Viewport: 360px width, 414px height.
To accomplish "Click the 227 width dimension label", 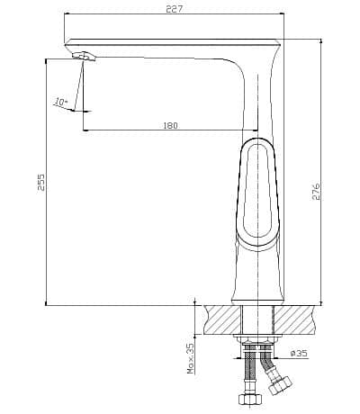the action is [x=174, y=9].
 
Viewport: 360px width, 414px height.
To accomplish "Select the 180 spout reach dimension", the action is [x=170, y=125].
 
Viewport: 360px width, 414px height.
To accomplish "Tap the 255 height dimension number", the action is [x=40, y=182].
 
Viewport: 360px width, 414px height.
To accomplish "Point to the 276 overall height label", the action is [x=316, y=191].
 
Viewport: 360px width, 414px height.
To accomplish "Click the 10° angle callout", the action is [x=60, y=102].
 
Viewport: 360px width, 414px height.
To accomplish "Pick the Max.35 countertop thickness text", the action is [x=191, y=358].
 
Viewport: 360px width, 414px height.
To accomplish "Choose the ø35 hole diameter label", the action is [x=299, y=353].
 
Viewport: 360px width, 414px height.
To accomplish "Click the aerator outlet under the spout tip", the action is [x=84, y=56].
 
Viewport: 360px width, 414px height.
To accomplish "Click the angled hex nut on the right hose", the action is [x=280, y=385].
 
